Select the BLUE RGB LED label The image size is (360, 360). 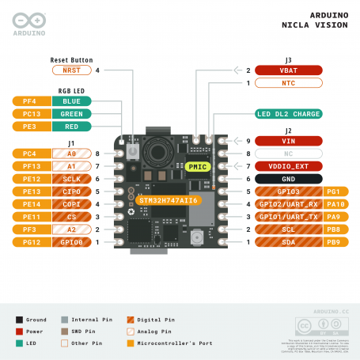click(x=71, y=101)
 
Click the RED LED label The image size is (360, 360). click(x=71, y=127)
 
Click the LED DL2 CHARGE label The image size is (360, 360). click(x=288, y=114)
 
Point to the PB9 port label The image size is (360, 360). click(x=333, y=241)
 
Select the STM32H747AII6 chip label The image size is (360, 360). click(x=169, y=200)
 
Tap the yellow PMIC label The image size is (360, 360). click(x=196, y=167)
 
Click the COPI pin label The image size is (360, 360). click(x=71, y=204)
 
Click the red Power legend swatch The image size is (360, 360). click(x=19, y=332)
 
